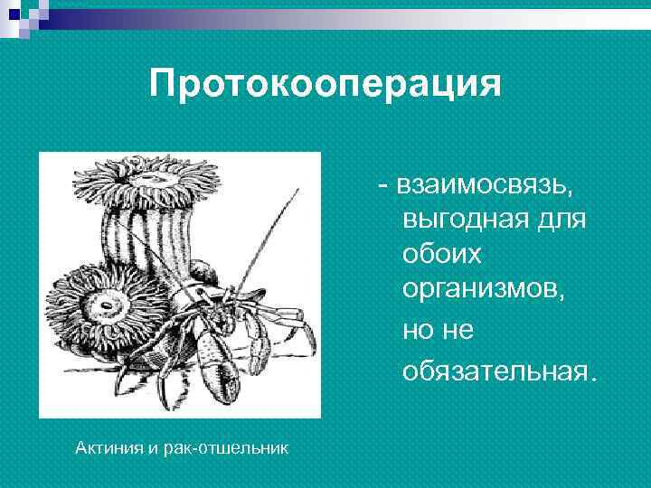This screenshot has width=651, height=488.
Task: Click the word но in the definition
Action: (420, 331)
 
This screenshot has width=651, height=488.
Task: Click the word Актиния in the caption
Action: (107, 447)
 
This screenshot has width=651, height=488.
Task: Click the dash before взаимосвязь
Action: (384, 184)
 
